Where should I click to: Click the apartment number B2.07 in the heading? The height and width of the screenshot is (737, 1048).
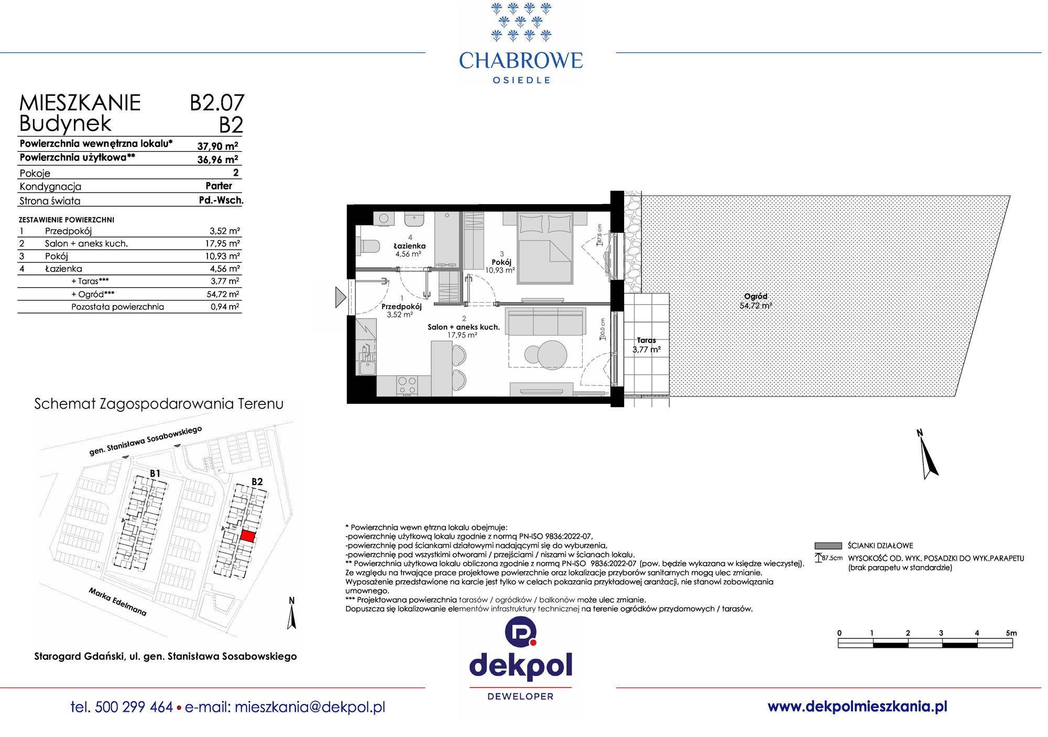pyautogui.click(x=217, y=103)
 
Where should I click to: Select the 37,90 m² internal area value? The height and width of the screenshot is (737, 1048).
pyautogui.click(x=217, y=146)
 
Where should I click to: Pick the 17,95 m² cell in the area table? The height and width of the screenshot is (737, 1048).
pyautogui.click(x=222, y=243)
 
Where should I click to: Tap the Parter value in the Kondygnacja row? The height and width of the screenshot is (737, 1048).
pyautogui.click(x=219, y=186)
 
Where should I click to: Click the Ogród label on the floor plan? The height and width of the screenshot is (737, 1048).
pyautogui.click(x=756, y=296)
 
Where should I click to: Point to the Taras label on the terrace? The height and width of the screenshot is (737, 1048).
pyautogui.click(x=646, y=340)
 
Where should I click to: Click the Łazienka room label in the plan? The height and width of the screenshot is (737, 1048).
pyautogui.click(x=410, y=245)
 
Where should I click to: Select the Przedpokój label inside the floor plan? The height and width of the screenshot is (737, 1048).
pyautogui.click(x=401, y=306)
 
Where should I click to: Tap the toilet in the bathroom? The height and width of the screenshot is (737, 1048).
pyautogui.click(x=368, y=245)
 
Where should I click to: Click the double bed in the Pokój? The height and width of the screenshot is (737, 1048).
pyautogui.click(x=544, y=248)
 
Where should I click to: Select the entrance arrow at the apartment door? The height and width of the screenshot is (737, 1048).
pyautogui.click(x=341, y=297)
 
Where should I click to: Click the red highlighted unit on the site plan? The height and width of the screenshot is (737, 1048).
pyautogui.click(x=247, y=537)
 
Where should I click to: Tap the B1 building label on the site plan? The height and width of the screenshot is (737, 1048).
pyautogui.click(x=155, y=474)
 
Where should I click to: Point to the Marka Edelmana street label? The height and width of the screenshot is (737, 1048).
pyautogui.click(x=118, y=602)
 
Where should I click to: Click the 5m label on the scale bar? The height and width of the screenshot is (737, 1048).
pyautogui.click(x=1011, y=633)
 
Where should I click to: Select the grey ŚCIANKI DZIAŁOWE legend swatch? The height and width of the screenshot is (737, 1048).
pyautogui.click(x=828, y=546)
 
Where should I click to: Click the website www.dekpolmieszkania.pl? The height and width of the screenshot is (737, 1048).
pyautogui.click(x=857, y=707)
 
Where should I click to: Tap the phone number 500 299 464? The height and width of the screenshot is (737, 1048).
pyautogui.click(x=134, y=707)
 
